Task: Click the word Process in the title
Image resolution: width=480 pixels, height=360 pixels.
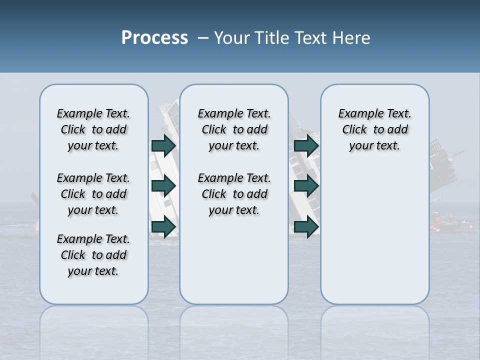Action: pyautogui.click(x=154, y=38)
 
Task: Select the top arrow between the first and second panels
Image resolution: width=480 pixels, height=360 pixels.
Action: pyautogui.click(x=163, y=145)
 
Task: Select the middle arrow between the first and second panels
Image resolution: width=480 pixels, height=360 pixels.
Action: pyautogui.click(x=163, y=186)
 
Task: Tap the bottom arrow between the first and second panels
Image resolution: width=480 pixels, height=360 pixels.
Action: pyautogui.click(x=163, y=227)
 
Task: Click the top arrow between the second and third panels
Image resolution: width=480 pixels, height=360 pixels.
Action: pyautogui.click(x=306, y=145)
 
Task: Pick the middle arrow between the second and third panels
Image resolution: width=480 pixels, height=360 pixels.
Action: pyautogui.click(x=306, y=186)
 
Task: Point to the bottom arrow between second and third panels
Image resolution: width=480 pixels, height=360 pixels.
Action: pyautogui.click(x=306, y=227)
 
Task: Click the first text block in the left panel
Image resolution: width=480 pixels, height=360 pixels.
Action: pyautogui.click(x=93, y=129)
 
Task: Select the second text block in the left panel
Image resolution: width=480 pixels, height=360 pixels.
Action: pyautogui.click(x=93, y=194)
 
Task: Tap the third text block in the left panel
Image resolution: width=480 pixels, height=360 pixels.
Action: pyautogui.click(x=93, y=255)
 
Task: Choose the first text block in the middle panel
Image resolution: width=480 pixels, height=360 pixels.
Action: pyautogui.click(x=234, y=129)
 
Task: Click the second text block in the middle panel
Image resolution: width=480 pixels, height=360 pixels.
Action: pyautogui.click(x=234, y=194)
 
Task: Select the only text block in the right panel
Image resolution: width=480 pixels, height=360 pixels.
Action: pyautogui.click(x=374, y=129)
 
